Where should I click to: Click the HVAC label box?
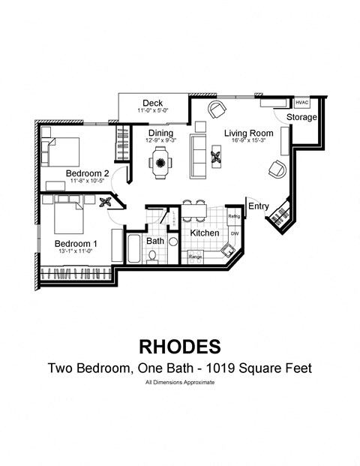pyautogui.click(x=302, y=103)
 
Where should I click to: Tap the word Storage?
pyautogui.click(x=301, y=118)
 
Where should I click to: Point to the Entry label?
pyautogui.click(x=258, y=206)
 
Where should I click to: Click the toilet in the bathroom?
pyautogui.click(x=152, y=256)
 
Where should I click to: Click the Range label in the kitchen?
pyautogui.click(x=196, y=257)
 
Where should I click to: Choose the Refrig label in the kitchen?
pyautogui.click(x=233, y=216)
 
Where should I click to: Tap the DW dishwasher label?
pyautogui.click(x=234, y=234)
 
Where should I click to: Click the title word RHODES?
pyautogui.click(x=180, y=346)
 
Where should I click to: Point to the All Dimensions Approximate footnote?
pyautogui.click(x=180, y=383)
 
